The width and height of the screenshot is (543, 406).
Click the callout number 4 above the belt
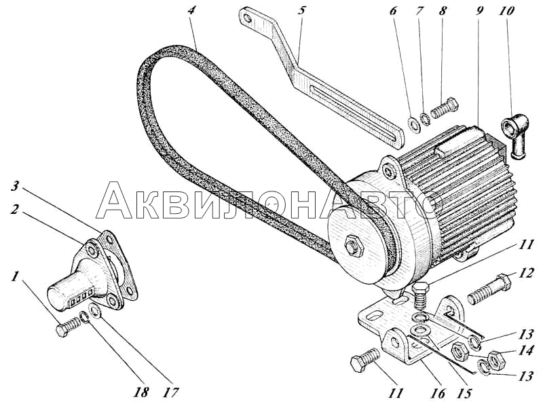click(x=191, y=11)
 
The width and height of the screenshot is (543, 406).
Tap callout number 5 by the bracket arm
click(x=301, y=11)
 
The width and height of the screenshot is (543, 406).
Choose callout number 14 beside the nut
click(x=525, y=350)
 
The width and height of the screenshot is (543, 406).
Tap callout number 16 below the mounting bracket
click(x=437, y=393)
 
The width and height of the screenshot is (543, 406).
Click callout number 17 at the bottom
click(x=171, y=393)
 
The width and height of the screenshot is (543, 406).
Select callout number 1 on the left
click(x=14, y=277)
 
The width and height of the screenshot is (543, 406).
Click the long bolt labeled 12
click(x=489, y=289)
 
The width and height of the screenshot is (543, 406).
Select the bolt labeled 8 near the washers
click(x=445, y=109)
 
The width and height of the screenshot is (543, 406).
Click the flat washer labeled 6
click(x=414, y=125)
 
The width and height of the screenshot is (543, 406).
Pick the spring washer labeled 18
click(x=83, y=316)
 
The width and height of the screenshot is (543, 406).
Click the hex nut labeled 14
click(x=496, y=361)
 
